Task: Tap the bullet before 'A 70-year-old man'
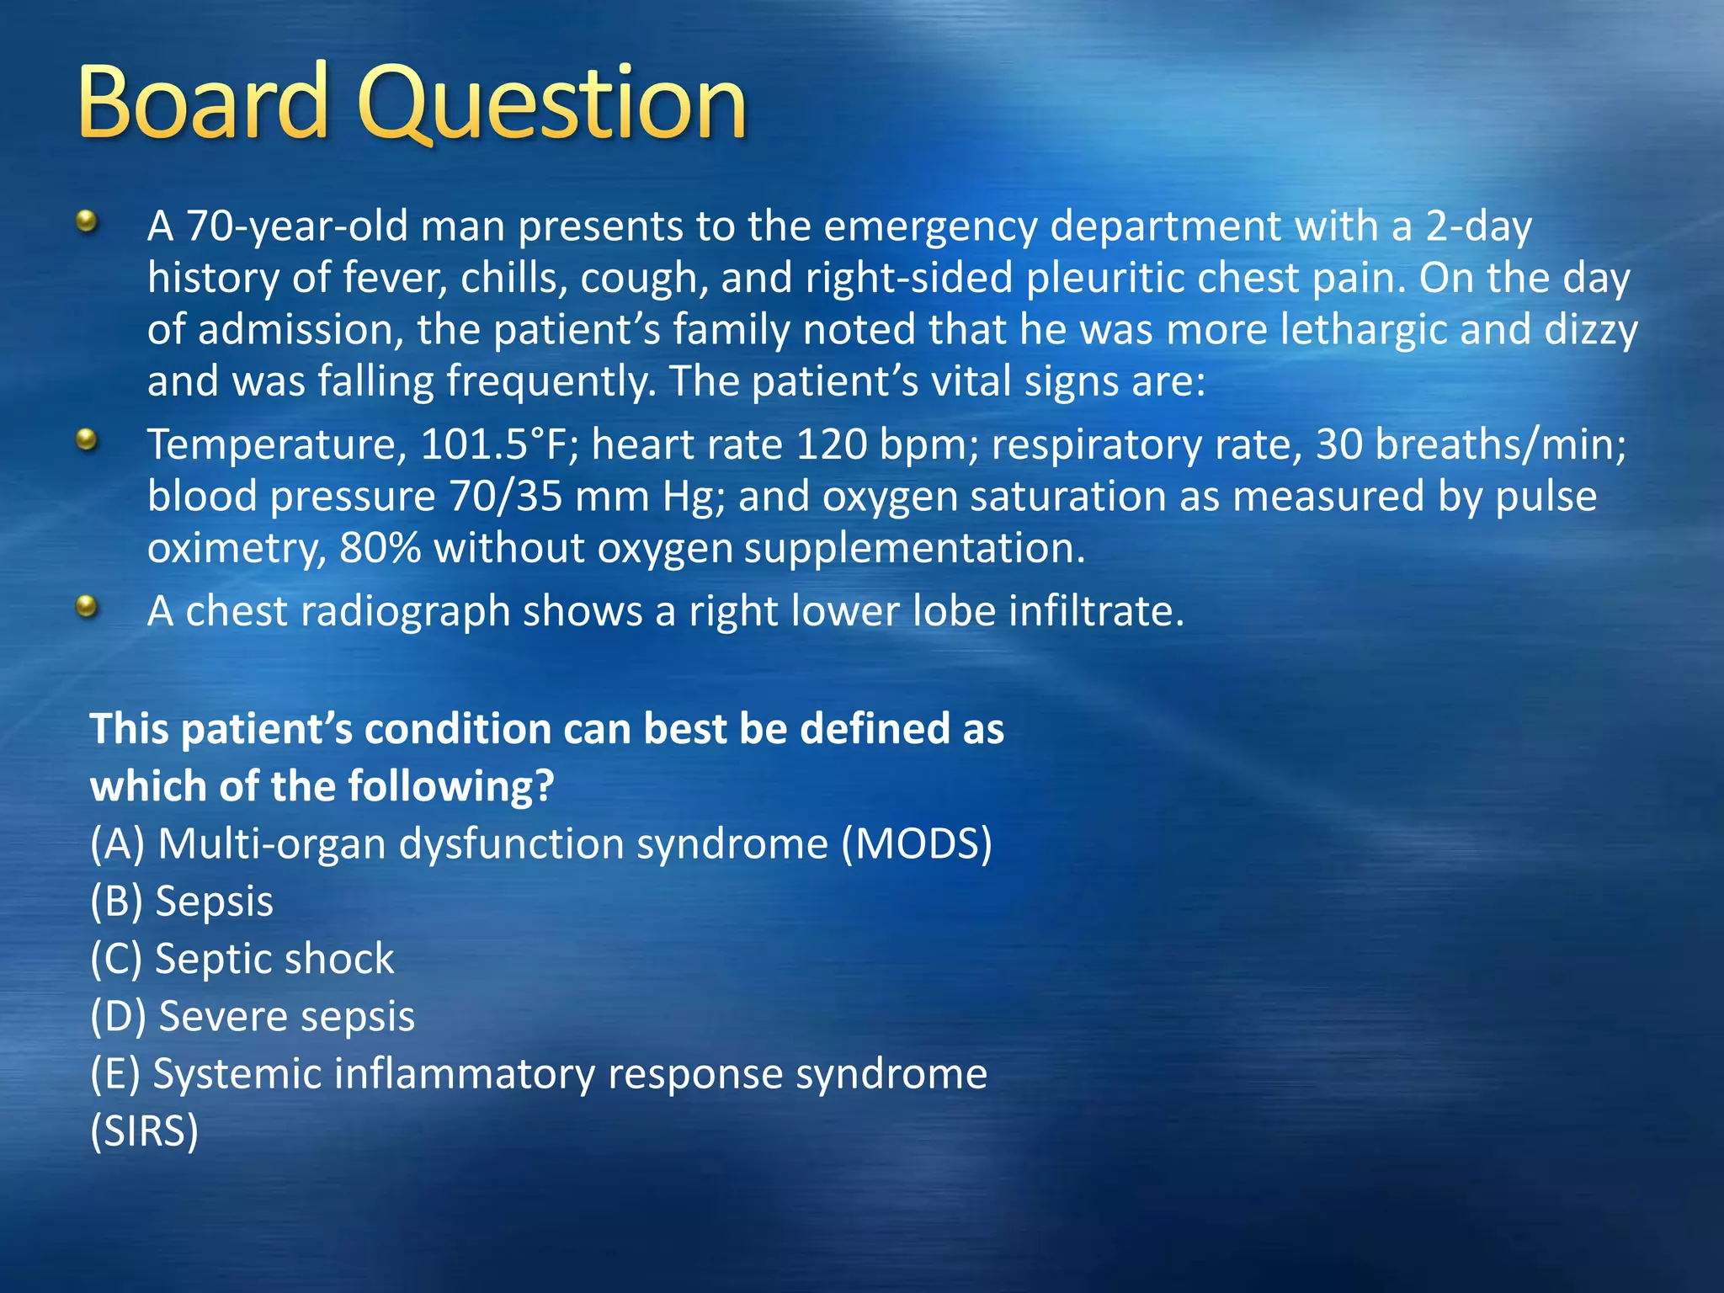[x=86, y=223]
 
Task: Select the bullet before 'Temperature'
[x=86, y=439]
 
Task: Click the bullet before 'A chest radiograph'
[x=86, y=606]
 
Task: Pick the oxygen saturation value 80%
[x=380, y=549]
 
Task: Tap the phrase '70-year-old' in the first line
[x=296, y=227]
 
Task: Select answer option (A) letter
[x=118, y=843]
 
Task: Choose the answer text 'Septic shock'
[x=274, y=959]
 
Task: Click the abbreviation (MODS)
[x=917, y=843]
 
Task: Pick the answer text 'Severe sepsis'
[x=286, y=1016]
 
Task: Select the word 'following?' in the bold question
[x=450, y=786]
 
